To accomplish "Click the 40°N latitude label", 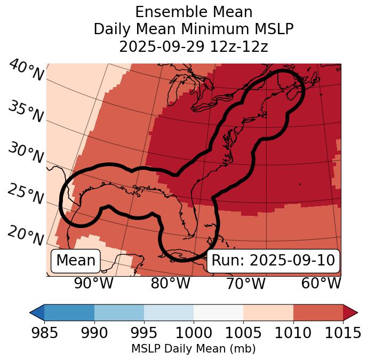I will (26, 71).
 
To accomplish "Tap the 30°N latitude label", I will (25, 154).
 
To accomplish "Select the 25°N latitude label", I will (25, 194).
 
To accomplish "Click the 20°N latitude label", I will (25, 235).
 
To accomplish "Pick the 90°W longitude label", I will (93, 284).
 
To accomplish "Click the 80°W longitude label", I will (170, 284).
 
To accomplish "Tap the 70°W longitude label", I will (246, 284).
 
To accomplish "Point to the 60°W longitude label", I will (321, 284).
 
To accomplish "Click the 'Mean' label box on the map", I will (76, 261).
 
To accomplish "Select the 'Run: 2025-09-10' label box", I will (273, 261).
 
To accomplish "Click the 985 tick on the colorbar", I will (44, 333).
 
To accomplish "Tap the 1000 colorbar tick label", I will (194, 333).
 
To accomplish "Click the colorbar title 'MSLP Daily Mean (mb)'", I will (193, 349).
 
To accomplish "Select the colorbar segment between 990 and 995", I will (119, 312).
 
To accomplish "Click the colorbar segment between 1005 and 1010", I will (268, 312).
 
